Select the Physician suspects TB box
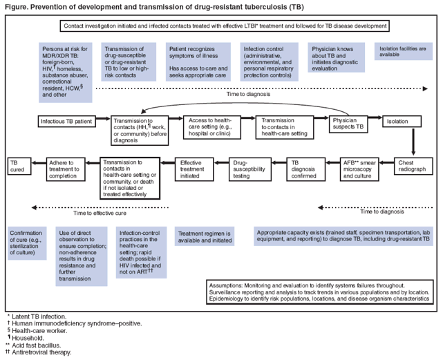(x=350, y=124)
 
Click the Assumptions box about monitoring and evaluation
(x=322, y=292)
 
